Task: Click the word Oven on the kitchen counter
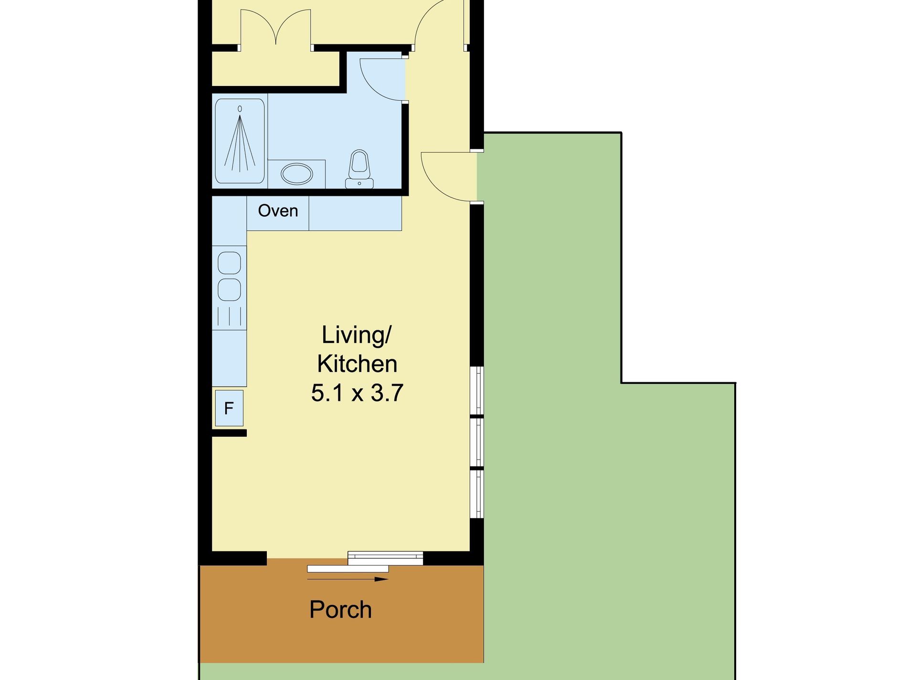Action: [x=278, y=210]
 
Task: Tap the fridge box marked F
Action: [x=229, y=408]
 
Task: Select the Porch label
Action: [x=340, y=609]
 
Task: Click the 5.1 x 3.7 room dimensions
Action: [x=357, y=393]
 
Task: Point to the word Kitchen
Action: [x=357, y=364]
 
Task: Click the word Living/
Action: [x=356, y=335]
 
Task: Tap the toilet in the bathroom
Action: [x=359, y=169]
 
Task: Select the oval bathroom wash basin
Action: [x=296, y=174]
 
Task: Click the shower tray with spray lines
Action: [x=240, y=141]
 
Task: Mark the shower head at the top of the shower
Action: [x=240, y=109]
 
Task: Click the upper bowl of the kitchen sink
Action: [x=229, y=262]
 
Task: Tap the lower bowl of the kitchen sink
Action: [x=229, y=290]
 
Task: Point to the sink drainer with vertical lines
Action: [x=229, y=316]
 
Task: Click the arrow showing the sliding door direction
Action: [x=348, y=579]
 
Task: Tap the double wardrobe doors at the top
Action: [x=276, y=27]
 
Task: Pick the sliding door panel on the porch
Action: [x=348, y=569]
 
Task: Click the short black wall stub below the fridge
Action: [x=229, y=433]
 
